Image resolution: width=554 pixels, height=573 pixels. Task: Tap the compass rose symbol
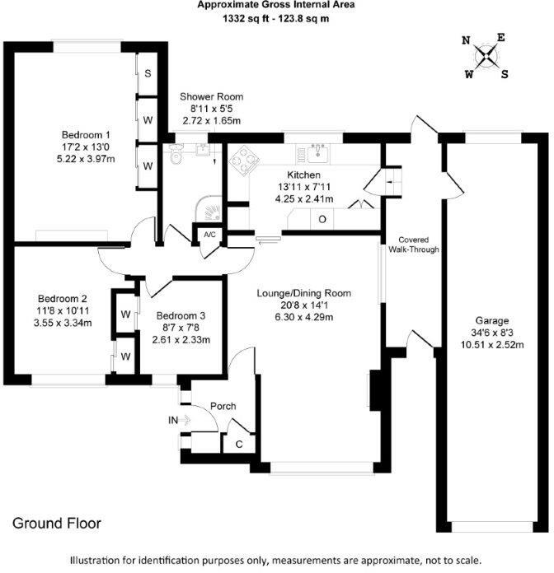[x=486, y=56]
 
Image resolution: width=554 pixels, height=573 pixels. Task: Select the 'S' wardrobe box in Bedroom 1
[x=148, y=73]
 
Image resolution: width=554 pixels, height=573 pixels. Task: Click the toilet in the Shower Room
[x=176, y=155]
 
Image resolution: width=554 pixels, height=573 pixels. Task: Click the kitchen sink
[x=319, y=151]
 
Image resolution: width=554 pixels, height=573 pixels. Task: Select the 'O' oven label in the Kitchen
[x=322, y=220]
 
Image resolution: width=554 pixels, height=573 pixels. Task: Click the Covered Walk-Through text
[x=413, y=244]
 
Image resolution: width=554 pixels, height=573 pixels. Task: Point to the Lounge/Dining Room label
[x=304, y=294]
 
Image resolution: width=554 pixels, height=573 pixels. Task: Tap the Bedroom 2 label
[x=63, y=299]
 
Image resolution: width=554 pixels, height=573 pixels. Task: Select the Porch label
[x=223, y=406]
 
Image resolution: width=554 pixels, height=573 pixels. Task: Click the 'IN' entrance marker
[x=173, y=421]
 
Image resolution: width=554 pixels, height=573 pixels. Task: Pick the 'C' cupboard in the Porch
[x=239, y=445]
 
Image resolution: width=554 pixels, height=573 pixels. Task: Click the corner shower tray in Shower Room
[x=209, y=209]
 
